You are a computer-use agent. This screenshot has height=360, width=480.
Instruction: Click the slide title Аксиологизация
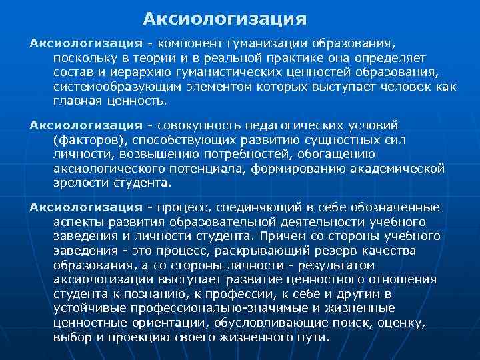[x=225, y=16]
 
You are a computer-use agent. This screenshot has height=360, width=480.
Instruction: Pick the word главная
[x=76, y=101]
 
